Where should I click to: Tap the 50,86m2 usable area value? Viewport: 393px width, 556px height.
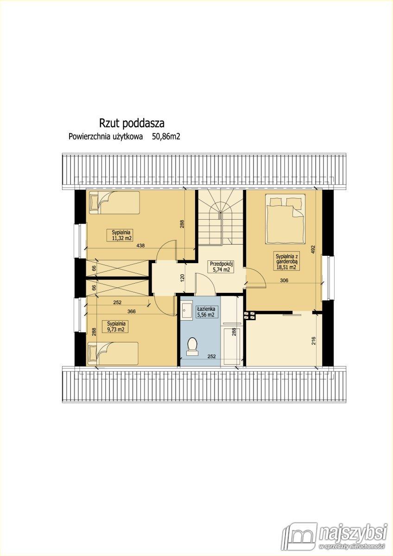166,137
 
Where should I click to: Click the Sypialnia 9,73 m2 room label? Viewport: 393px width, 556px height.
116,326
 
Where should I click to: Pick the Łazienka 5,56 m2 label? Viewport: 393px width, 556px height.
205,311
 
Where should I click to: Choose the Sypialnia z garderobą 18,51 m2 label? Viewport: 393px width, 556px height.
286,261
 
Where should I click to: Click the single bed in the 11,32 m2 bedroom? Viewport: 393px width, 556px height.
114,202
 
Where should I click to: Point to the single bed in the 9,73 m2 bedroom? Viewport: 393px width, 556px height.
113,354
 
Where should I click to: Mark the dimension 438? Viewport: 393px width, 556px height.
140,246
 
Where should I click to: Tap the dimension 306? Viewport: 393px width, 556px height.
285,280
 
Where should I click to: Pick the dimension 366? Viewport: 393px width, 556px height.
132,312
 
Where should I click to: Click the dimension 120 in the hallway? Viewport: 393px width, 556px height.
182,278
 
